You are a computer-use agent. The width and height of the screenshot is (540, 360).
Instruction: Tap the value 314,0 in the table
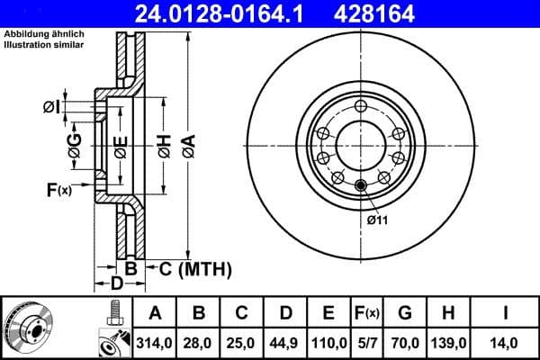click(154, 342)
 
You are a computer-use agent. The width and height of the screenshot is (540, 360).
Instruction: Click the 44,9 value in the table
click(285, 342)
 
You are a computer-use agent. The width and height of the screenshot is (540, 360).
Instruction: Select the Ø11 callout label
click(377, 220)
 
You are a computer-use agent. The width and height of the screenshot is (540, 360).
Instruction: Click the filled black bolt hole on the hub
click(362, 186)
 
